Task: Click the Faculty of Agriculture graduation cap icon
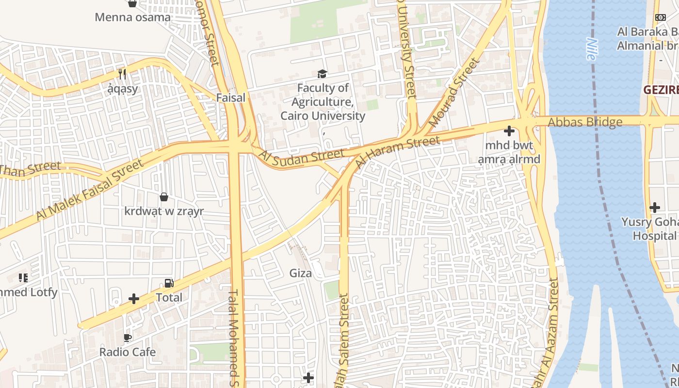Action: (322, 74)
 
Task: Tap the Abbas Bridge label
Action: (585, 122)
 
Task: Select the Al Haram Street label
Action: (398, 152)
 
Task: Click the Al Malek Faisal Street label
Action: (90, 190)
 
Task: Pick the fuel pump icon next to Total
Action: (169, 283)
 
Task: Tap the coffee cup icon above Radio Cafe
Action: (128, 338)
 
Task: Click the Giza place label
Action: (301, 273)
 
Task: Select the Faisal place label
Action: (230, 97)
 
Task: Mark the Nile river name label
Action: (590, 49)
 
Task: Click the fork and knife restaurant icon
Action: (122, 74)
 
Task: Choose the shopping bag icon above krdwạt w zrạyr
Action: (164, 197)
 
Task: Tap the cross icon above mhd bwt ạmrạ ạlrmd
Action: (509, 131)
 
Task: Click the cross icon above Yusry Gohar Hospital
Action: (655, 208)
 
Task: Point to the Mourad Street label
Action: (454, 93)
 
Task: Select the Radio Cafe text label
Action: (128, 352)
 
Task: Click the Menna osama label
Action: (132, 17)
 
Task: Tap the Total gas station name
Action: (169, 297)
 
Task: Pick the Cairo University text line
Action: (323, 116)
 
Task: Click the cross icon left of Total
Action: (134, 299)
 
